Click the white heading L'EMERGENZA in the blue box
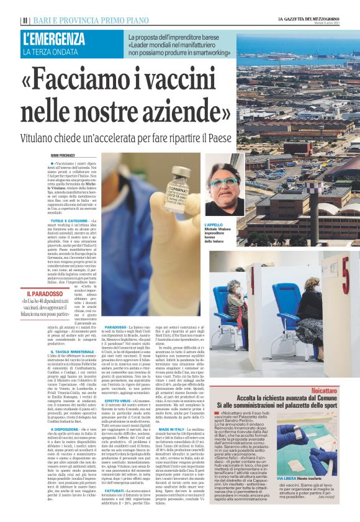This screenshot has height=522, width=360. pyautogui.click(x=55, y=40)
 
